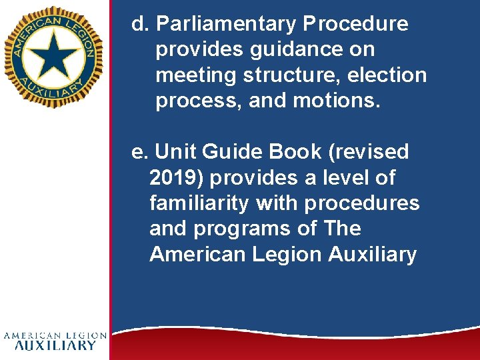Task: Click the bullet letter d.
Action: tap(139, 25)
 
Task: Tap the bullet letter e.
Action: tap(138, 153)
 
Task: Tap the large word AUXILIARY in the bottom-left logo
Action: tap(55, 345)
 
